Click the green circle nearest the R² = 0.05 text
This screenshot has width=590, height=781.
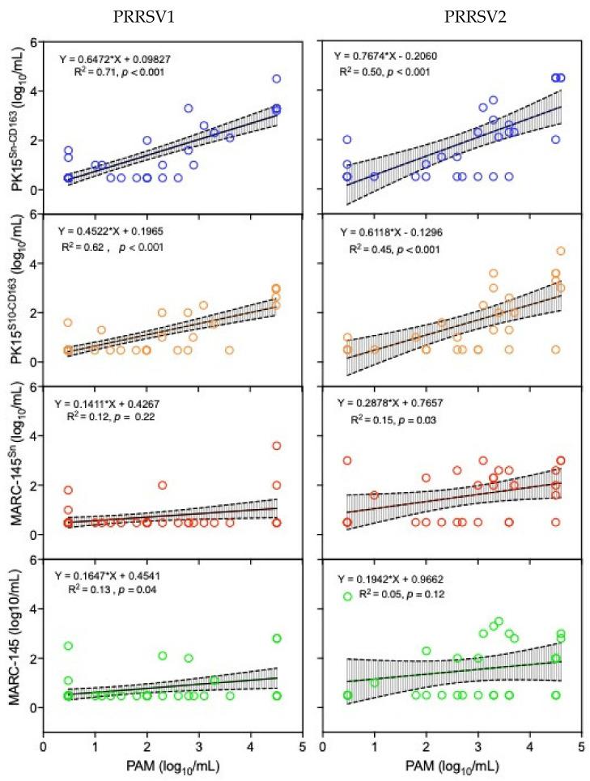click(348, 596)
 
